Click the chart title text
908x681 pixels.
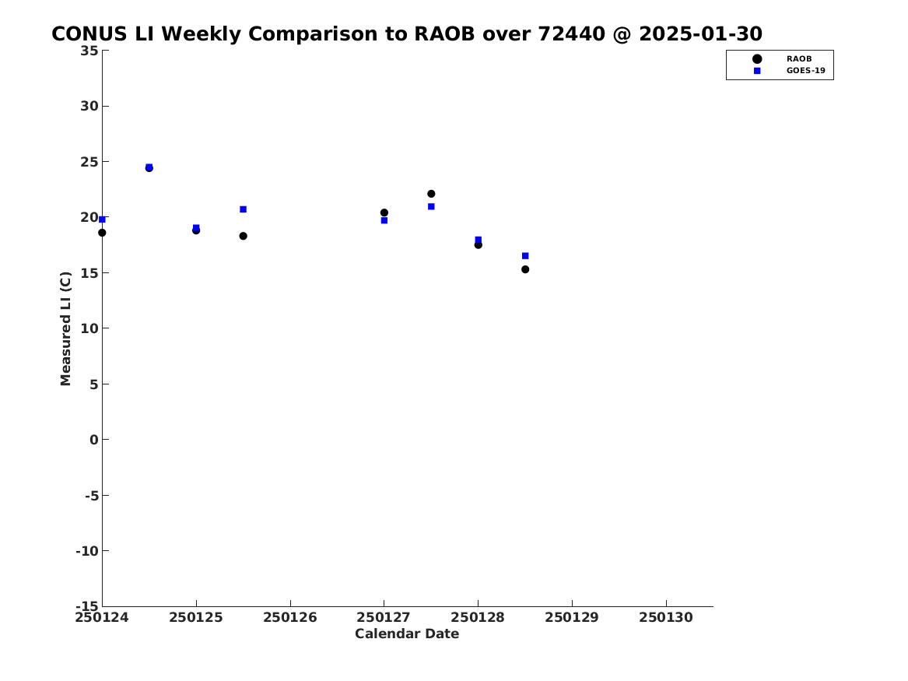[x=406, y=33]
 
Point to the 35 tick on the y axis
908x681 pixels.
[x=89, y=51]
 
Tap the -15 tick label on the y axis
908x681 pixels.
[x=87, y=606]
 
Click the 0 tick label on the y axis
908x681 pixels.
[x=94, y=440]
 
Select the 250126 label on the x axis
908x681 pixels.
[x=290, y=617]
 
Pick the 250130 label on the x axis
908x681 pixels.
[x=666, y=617]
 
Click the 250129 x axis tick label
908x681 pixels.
[x=572, y=617]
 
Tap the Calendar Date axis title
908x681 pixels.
[x=407, y=634]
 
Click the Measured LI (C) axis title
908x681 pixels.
[x=65, y=328]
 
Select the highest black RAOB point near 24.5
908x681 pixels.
[x=149, y=168]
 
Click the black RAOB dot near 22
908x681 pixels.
[x=431, y=194]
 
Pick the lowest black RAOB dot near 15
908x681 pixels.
[x=524, y=269]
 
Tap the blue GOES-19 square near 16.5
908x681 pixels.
[x=525, y=255]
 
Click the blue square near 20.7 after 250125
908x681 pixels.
[x=244, y=209]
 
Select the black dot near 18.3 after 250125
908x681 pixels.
[x=244, y=236]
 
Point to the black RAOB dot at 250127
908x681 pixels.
[x=384, y=212]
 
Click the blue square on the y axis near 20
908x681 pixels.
[x=102, y=219]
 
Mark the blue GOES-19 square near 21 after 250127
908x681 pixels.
[x=431, y=206]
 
